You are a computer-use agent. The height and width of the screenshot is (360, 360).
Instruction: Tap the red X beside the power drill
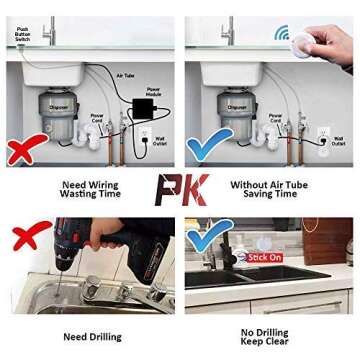point(30,238)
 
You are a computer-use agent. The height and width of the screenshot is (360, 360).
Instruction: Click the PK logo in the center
point(181,189)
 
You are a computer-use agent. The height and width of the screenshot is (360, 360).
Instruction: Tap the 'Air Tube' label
point(125,75)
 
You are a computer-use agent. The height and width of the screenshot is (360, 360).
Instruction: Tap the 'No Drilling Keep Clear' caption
point(264,337)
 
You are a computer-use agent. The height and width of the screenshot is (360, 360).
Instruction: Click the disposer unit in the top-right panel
point(237,109)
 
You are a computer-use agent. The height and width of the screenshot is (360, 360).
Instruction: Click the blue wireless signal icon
point(283,32)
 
